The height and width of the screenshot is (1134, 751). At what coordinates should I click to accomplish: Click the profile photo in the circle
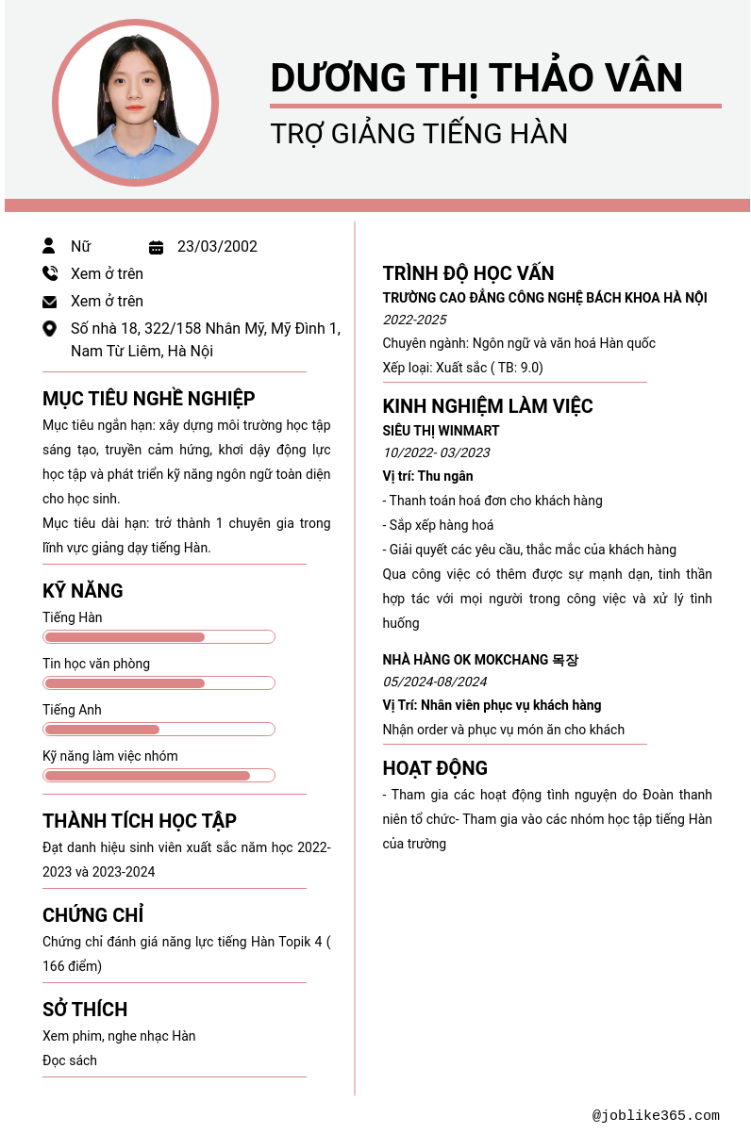coord(135,103)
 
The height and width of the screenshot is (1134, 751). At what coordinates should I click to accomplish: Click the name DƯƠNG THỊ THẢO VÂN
coord(476,77)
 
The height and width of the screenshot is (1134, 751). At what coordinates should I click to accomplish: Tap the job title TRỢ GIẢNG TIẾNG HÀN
coord(419,134)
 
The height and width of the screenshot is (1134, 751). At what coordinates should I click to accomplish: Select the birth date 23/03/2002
coord(217,247)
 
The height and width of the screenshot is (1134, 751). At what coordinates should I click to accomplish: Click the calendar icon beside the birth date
coord(157,248)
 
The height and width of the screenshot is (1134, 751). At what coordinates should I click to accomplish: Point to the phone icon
coord(50,274)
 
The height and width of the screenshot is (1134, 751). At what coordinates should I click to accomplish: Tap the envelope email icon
coord(50,302)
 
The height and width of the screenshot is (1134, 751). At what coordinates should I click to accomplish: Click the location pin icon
coord(50,329)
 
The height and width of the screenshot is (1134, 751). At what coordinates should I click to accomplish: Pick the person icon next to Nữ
coord(49,247)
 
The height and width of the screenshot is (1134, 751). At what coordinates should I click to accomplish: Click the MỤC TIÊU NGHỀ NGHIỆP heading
coord(148,399)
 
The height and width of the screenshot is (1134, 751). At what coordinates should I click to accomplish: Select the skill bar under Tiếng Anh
coord(159,730)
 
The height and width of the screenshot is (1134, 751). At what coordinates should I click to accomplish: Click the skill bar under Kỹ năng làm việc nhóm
coord(159,776)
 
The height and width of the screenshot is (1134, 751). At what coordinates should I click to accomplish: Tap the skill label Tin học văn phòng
coord(96,664)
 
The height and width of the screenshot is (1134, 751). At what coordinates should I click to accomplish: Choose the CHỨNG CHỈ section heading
coord(92,915)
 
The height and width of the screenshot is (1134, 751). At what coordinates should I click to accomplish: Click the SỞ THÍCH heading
coord(85,1010)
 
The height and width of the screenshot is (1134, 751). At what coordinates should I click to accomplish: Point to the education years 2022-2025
coord(414,320)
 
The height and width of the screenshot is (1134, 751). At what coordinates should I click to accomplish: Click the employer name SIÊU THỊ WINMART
coord(441,431)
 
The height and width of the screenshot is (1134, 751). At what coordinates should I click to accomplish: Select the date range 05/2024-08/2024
coord(435,682)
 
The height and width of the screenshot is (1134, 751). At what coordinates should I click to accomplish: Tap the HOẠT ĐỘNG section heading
coord(435,768)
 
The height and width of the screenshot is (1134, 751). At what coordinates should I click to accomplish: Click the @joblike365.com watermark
coord(656,1116)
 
